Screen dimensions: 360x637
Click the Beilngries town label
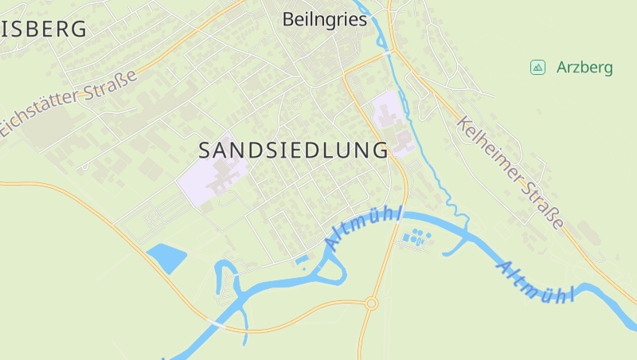pyautogui.click(x=325, y=20)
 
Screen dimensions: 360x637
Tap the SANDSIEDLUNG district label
pyautogui.click(x=293, y=150)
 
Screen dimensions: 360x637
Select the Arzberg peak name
pyautogui.click(x=584, y=68)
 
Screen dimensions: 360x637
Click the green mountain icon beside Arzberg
pyautogui.click(x=537, y=68)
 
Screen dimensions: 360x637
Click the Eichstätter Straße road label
pyautogui.click(x=70, y=102)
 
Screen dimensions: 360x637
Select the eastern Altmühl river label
pyautogui.click(x=536, y=281)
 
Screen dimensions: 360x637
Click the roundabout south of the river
pyautogui.click(x=371, y=303)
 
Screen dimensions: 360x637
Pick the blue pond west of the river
pyautogui.click(x=166, y=257)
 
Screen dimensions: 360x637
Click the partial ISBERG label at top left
pyautogui.click(x=44, y=30)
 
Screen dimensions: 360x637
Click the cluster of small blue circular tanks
pyautogui.click(x=416, y=237)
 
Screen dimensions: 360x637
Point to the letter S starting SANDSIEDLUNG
pyautogui.click(x=204, y=150)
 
